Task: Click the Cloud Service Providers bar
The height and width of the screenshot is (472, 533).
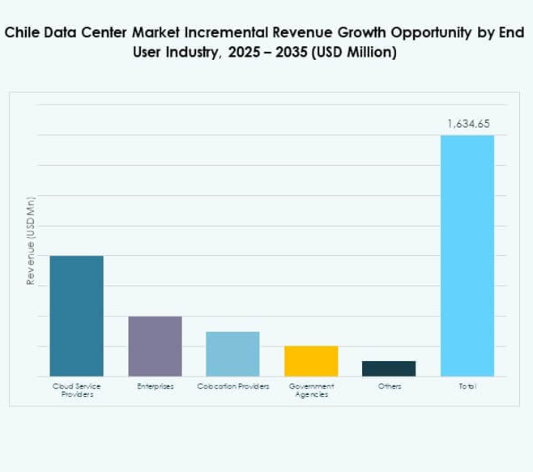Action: [77, 316]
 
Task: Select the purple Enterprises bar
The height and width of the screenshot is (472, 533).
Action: [155, 346]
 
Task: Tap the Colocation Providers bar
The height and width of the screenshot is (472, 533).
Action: [232, 354]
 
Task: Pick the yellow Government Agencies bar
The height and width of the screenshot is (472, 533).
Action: [311, 361]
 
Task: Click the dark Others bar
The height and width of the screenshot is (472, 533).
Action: [389, 368]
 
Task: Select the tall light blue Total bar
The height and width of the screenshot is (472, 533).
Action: [467, 255]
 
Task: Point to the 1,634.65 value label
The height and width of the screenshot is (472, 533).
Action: [467, 125]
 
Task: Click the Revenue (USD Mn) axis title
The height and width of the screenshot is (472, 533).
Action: [31, 240]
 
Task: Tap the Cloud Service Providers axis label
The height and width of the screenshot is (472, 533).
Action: [77, 390]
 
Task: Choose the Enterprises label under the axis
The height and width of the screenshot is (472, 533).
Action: [155, 387]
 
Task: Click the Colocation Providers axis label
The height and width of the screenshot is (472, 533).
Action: [232, 387]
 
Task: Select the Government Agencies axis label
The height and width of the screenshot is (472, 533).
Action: [311, 390]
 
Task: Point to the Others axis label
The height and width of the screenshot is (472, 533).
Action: [389, 387]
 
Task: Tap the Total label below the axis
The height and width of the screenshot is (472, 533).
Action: [467, 387]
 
